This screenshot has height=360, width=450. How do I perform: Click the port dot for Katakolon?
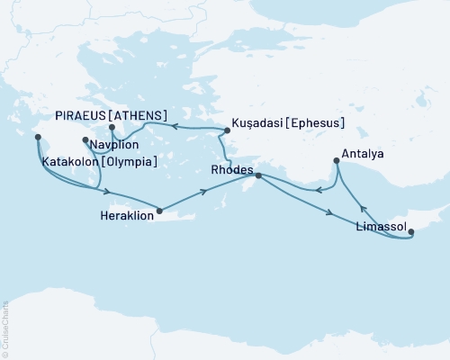point(38,138)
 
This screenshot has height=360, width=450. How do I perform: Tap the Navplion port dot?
point(85,140)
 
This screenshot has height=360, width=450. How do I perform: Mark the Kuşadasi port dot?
point(227,131)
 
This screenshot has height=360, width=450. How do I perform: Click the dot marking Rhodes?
point(257,175)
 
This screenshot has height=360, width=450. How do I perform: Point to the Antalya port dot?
point(337,161)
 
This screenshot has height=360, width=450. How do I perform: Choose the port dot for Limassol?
point(411,232)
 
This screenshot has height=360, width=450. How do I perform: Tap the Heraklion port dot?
point(159,211)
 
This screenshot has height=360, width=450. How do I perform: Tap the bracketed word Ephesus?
point(320,121)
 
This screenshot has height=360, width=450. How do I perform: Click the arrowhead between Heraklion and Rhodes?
point(207,191)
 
